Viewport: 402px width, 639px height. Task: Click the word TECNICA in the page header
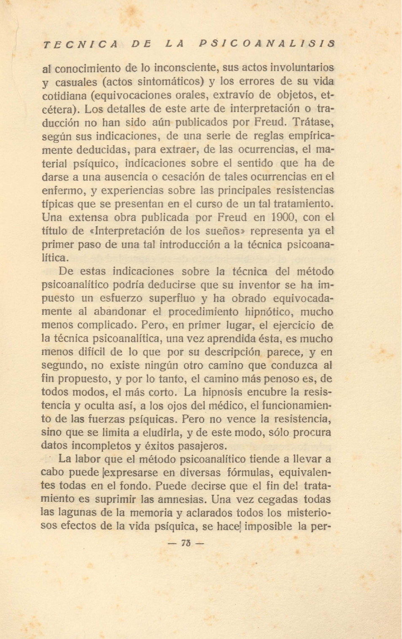80,44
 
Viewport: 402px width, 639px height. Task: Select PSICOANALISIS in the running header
267,44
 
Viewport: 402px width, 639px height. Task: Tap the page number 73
186,543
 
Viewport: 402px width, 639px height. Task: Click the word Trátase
313,123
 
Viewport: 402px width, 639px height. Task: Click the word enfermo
62,190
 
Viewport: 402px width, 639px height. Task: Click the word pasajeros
202,446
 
